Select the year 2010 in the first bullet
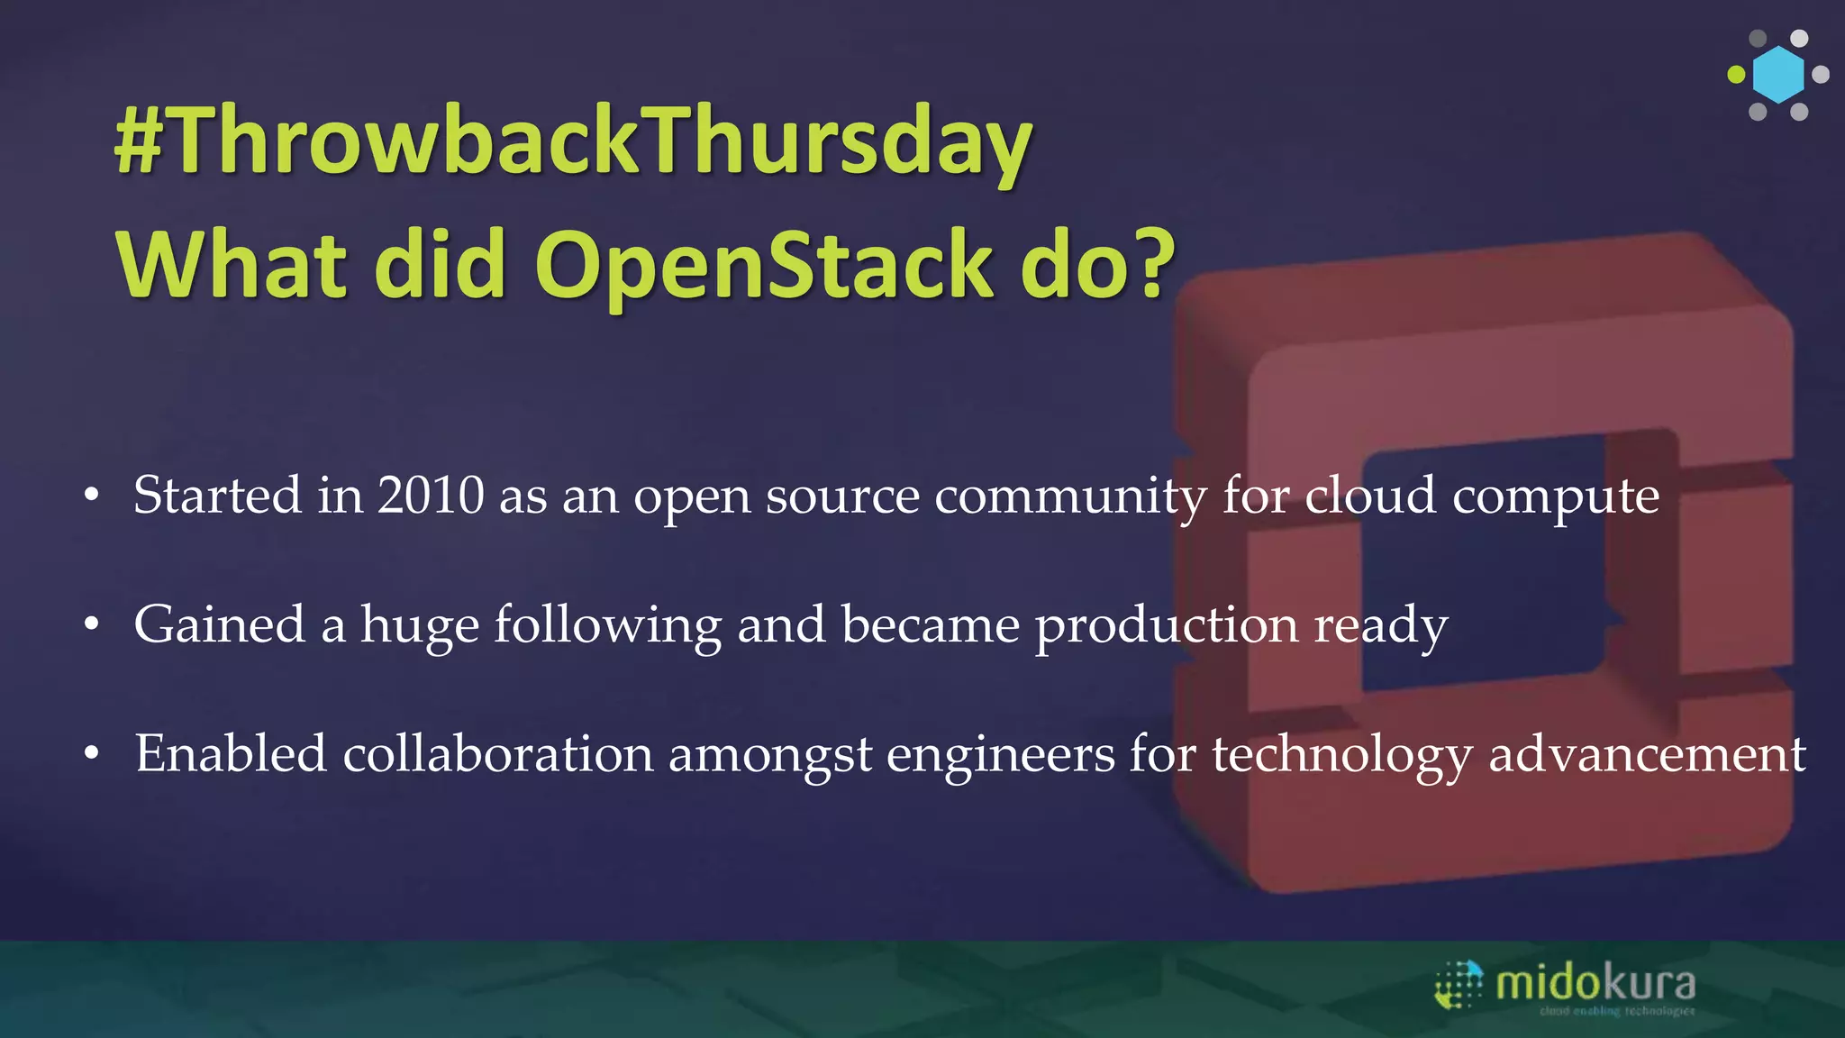pos(431,496)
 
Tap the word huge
pos(419,627)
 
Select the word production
pos(1167,627)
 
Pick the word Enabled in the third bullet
pos(230,753)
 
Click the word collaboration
pos(497,753)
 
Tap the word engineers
pos(1000,755)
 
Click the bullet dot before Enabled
pos(91,754)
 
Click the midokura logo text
pos(1595,982)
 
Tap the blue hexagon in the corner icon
pos(1778,75)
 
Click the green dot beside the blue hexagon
pos(1736,75)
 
